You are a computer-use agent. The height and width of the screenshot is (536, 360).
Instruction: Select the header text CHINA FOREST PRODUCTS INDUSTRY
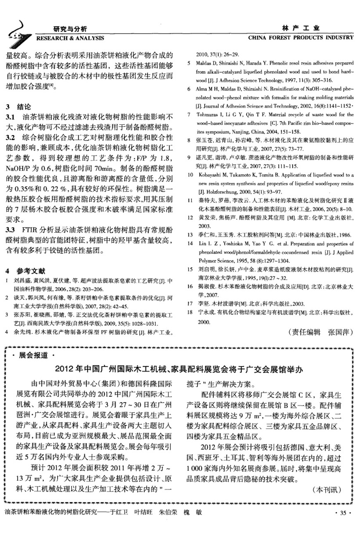tap(300, 38)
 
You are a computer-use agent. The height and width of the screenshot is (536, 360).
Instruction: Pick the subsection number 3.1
tap(11, 117)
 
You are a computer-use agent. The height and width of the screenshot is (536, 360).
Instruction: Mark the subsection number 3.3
tap(11, 230)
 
